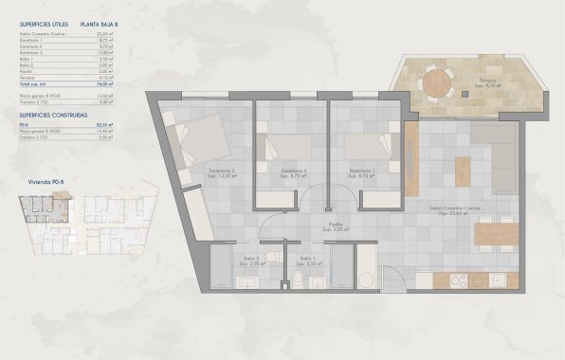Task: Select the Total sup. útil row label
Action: pos(37,84)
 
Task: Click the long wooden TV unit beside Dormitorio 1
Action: pos(411,148)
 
